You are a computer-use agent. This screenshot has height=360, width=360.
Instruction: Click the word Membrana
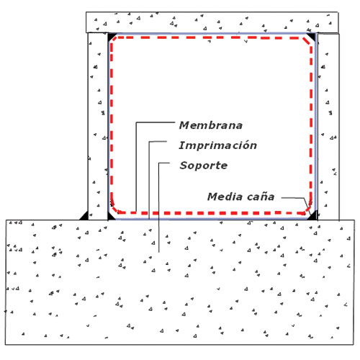[211, 125]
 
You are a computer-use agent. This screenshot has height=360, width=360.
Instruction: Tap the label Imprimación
[218, 145]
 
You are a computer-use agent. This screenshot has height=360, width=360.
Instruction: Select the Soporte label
[204, 166]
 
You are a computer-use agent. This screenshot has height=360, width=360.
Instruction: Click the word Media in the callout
[225, 197]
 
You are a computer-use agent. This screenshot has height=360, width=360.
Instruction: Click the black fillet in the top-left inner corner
[111, 36]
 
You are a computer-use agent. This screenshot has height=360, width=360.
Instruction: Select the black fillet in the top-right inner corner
[312, 37]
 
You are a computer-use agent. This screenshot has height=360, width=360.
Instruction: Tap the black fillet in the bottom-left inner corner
[110, 217]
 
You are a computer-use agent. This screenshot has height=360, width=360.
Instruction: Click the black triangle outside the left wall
[85, 217]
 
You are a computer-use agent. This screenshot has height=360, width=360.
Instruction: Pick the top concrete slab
[212, 22]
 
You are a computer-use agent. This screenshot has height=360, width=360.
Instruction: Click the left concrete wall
[98, 126]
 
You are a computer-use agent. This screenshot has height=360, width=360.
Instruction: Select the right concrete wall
[328, 127]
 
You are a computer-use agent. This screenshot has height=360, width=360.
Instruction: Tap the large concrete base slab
[179, 282]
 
